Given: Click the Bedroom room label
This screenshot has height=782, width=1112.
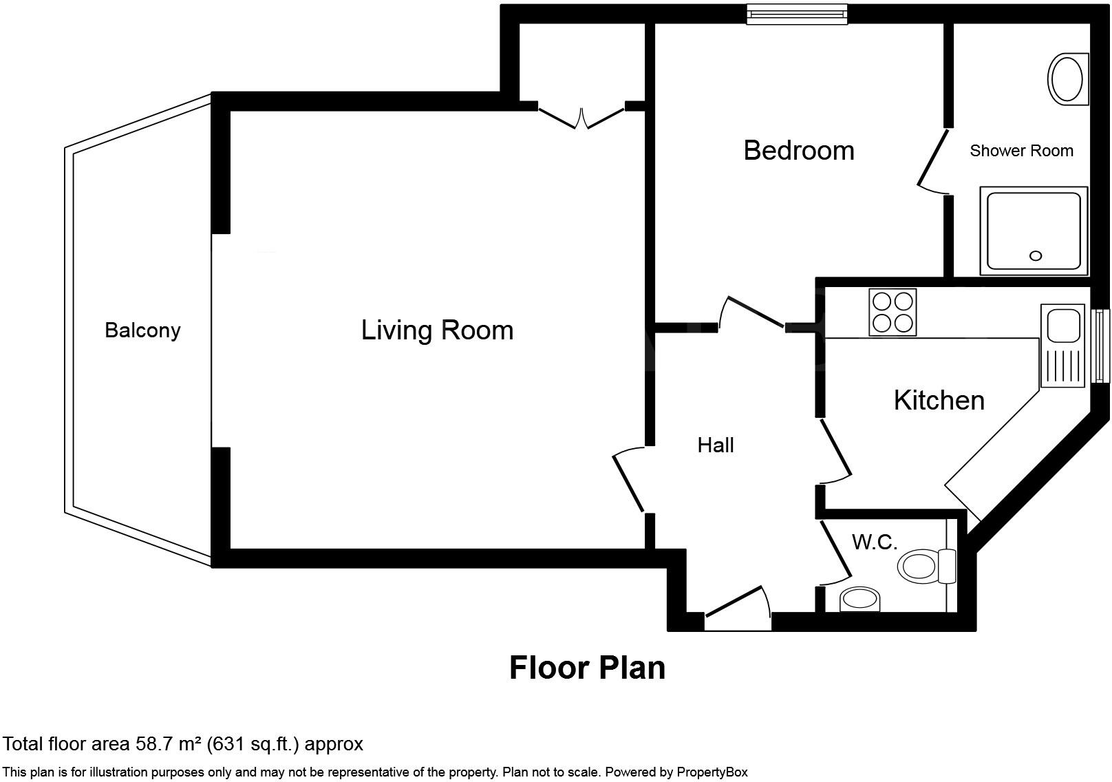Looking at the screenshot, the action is click(x=799, y=151).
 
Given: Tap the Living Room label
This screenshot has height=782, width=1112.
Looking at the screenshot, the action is click(x=437, y=330).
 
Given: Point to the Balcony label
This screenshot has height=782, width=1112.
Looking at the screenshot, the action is click(x=142, y=330).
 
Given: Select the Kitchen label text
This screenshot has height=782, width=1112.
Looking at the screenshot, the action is click(x=939, y=401).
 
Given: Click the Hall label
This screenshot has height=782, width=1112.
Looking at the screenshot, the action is click(x=716, y=445).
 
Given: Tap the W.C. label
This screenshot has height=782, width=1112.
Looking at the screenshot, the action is click(x=875, y=542).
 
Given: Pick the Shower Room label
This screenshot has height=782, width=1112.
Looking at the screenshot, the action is click(x=1021, y=151).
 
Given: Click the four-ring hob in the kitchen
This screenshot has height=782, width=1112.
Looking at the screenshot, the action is click(x=892, y=312).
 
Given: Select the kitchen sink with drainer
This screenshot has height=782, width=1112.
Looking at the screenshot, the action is click(x=1062, y=346).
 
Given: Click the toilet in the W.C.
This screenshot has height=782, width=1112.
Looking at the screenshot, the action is click(x=927, y=566).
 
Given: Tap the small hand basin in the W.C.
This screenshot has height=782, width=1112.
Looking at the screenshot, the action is click(x=860, y=599).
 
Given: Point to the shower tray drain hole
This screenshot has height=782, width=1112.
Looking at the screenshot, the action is click(x=1036, y=255).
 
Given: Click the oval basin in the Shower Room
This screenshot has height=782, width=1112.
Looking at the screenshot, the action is click(x=1067, y=79).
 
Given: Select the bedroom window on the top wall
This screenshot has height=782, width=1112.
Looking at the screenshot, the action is click(x=798, y=14).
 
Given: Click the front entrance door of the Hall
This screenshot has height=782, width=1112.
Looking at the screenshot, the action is click(x=738, y=609).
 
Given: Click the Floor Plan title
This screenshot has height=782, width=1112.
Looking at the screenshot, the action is click(x=587, y=668).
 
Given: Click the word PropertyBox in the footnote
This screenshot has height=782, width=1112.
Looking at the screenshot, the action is click(x=712, y=772).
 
